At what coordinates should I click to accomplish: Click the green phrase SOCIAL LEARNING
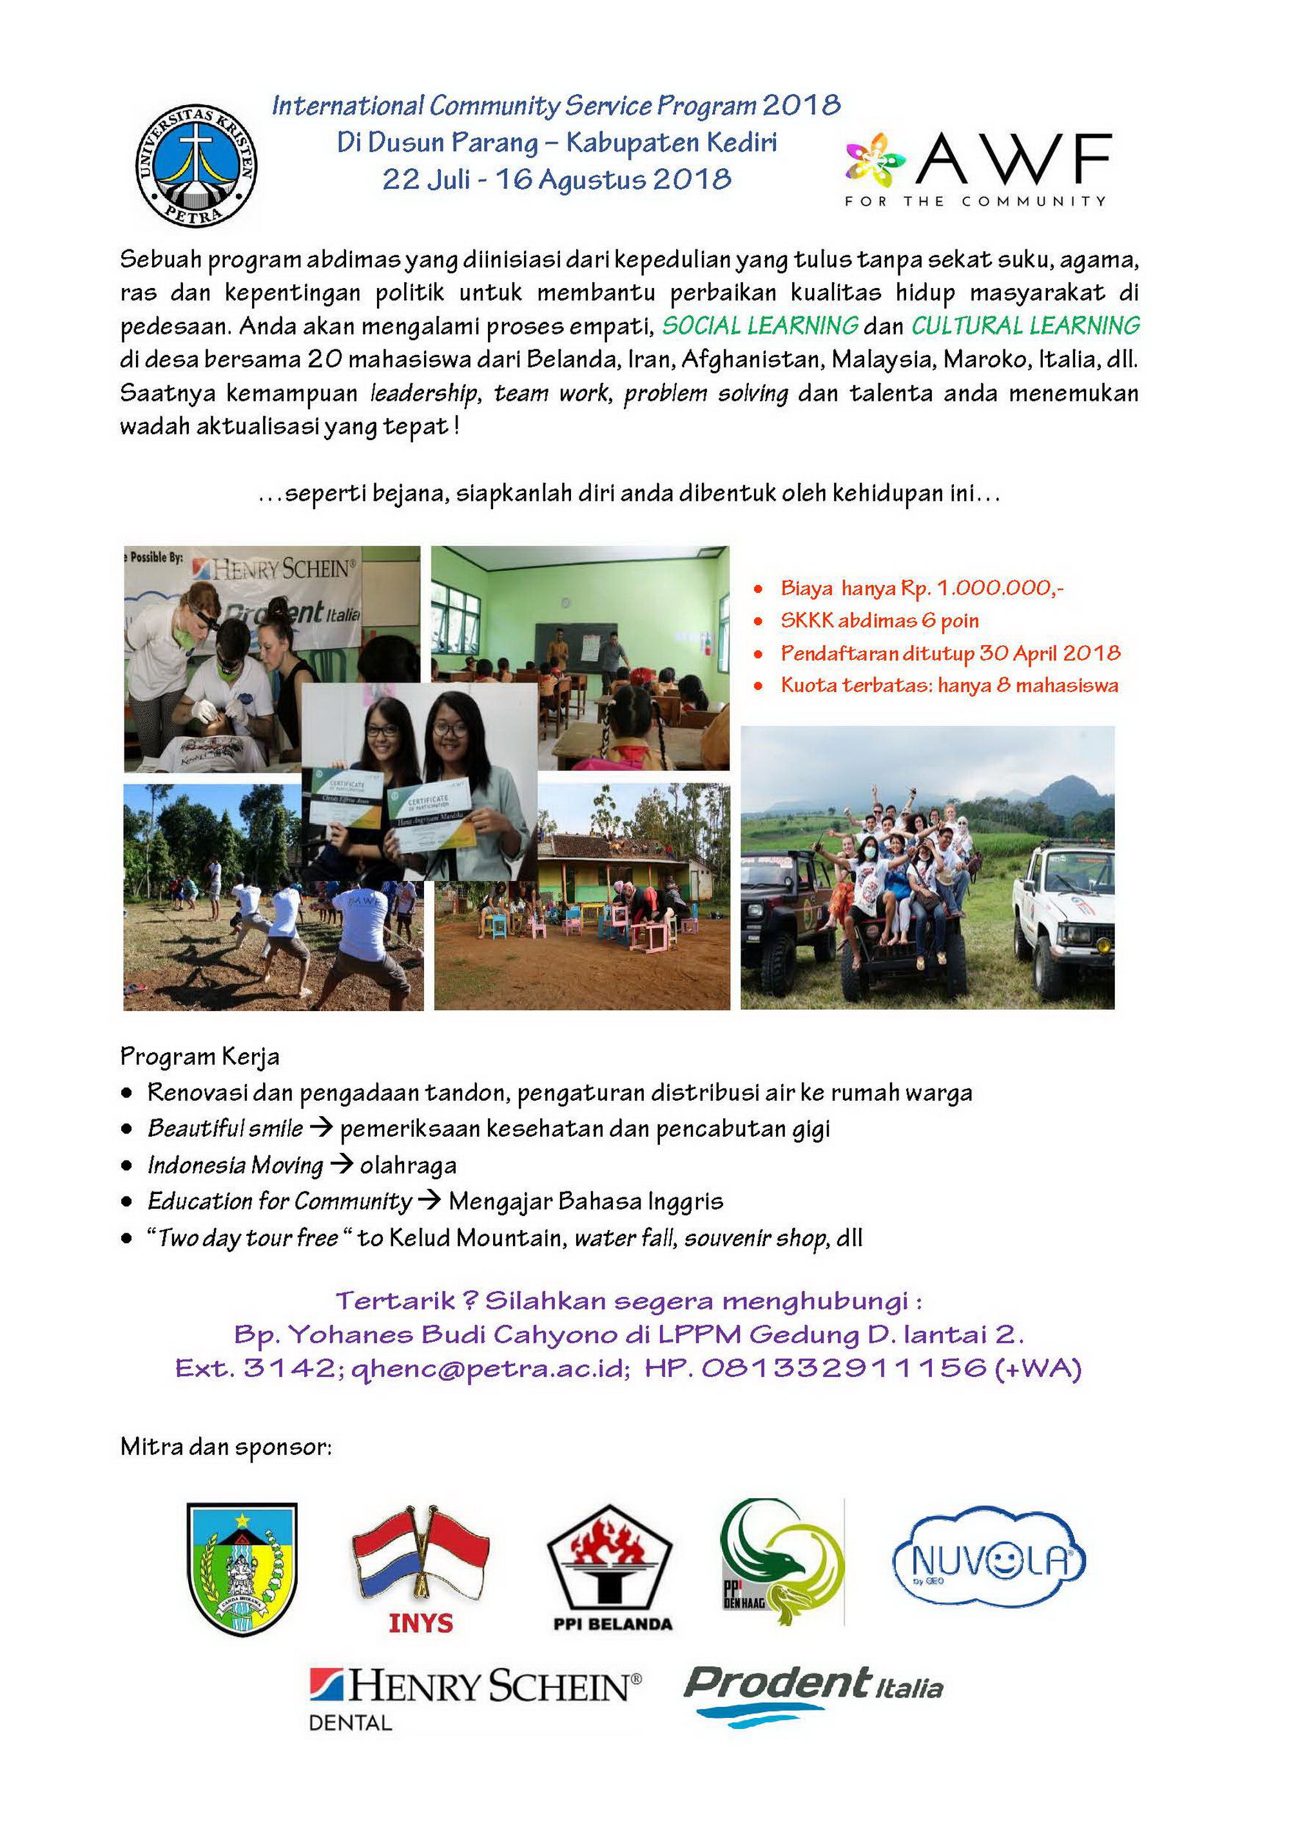click(760, 325)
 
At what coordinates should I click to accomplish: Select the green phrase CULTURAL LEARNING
click(1025, 325)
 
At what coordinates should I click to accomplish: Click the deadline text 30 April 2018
click(1049, 653)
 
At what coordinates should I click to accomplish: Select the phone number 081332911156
click(844, 1367)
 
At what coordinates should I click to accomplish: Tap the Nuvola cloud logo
click(989, 1558)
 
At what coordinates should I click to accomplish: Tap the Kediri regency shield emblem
click(242, 1568)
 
